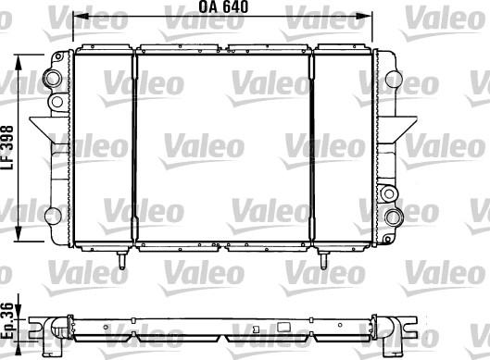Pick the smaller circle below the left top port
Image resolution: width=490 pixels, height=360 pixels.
(x=56, y=99)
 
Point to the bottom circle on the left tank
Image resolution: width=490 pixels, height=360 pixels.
(x=56, y=217)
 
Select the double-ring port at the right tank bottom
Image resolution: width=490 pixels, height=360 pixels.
(x=394, y=218)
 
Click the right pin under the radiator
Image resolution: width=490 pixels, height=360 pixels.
(x=323, y=262)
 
